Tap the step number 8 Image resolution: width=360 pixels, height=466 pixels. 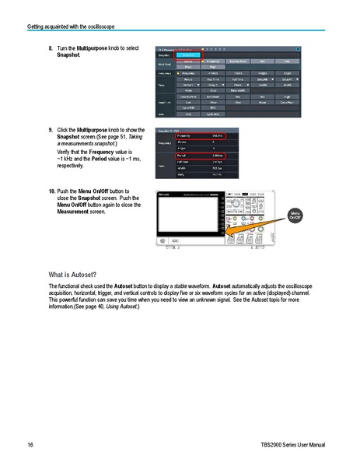click(51, 48)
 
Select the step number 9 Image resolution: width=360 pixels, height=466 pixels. click(51, 129)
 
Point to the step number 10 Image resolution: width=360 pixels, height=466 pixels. click(52, 191)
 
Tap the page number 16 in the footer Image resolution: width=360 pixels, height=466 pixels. click(30, 445)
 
